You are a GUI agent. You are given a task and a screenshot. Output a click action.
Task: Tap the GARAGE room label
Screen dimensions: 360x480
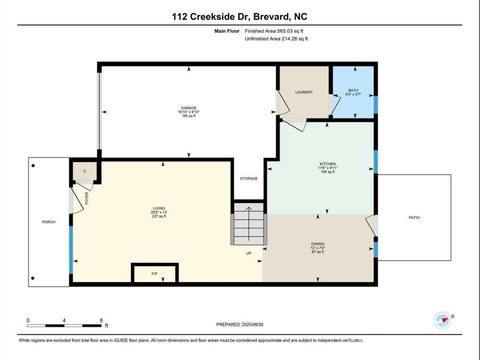point(188,108)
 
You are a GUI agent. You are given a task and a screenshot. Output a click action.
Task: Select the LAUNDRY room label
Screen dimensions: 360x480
point(303,92)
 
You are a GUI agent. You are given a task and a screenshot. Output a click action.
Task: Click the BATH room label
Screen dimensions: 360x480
point(353,90)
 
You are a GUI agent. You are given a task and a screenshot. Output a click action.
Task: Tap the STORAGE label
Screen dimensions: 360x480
point(248,178)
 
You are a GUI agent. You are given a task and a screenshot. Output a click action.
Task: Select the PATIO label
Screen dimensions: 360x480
point(414,218)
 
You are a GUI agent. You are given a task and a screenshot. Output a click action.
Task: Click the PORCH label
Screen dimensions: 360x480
point(49,222)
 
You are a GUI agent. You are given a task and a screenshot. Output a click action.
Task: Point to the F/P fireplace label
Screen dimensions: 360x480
point(154,274)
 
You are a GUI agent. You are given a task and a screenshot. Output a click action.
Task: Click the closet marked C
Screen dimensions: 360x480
point(84,171)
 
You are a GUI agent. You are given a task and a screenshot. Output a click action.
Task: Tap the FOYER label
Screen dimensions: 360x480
point(87,198)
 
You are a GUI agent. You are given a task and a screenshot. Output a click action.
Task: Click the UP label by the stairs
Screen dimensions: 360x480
point(248,253)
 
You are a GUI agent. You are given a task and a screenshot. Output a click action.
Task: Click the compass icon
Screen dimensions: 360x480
point(442,320)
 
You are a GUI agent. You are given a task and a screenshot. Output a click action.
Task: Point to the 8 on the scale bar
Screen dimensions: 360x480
point(101,320)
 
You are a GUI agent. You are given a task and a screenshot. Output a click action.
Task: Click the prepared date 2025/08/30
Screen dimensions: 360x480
point(240,324)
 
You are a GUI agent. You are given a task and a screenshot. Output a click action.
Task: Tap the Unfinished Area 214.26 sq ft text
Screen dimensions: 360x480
point(276,39)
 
